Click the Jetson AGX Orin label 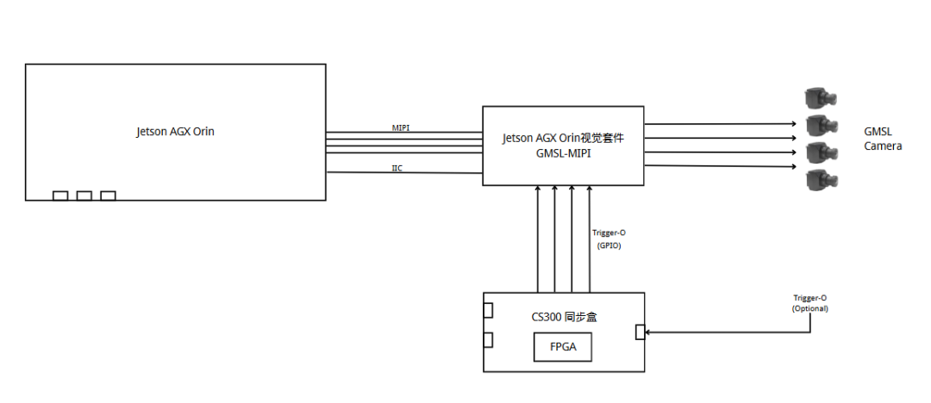pyautogui.click(x=175, y=132)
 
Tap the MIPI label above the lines pyautogui.click(x=401, y=127)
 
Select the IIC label pyautogui.click(x=397, y=168)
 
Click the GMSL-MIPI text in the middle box pyautogui.click(x=563, y=152)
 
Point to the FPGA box pyautogui.click(x=563, y=348)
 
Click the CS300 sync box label pyautogui.click(x=565, y=317)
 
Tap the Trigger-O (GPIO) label pyautogui.click(x=608, y=239)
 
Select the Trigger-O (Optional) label pyautogui.click(x=809, y=303)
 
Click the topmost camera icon pyautogui.click(x=820, y=98)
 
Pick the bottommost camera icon pyautogui.click(x=820, y=180)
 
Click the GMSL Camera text pyautogui.click(x=883, y=139)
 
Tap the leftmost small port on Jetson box pyautogui.click(x=60, y=196)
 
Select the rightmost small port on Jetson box pyautogui.click(x=108, y=196)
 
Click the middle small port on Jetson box pyautogui.click(x=84, y=196)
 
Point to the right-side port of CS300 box pyautogui.click(x=640, y=332)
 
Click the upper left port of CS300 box pyautogui.click(x=488, y=311)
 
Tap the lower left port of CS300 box pyautogui.click(x=488, y=339)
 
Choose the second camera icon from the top pyautogui.click(x=820, y=126)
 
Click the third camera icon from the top pyautogui.click(x=820, y=152)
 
